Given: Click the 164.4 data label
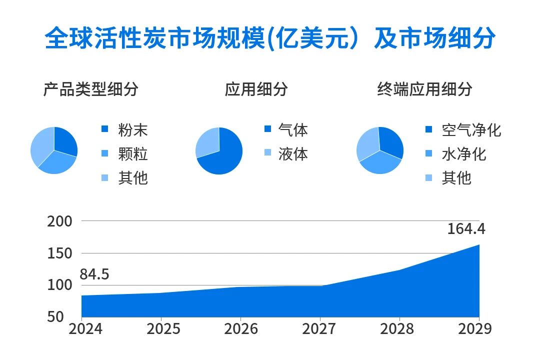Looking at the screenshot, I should click(x=466, y=229).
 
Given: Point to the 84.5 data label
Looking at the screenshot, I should click(x=94, y=274).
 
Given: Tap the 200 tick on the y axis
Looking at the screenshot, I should click(x=59, y=221).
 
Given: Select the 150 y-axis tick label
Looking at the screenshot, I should click(x=59, y=253).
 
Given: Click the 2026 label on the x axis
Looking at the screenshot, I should click(x=241, y=328).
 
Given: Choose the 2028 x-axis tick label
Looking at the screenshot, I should click(x=397, y=328).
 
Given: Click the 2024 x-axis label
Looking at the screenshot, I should click(x=85, y=328).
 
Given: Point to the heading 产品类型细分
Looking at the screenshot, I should click(x=90, y=89).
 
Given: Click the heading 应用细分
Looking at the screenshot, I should click(x=256, y=89).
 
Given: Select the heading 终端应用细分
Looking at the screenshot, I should click(x=424, y=89).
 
